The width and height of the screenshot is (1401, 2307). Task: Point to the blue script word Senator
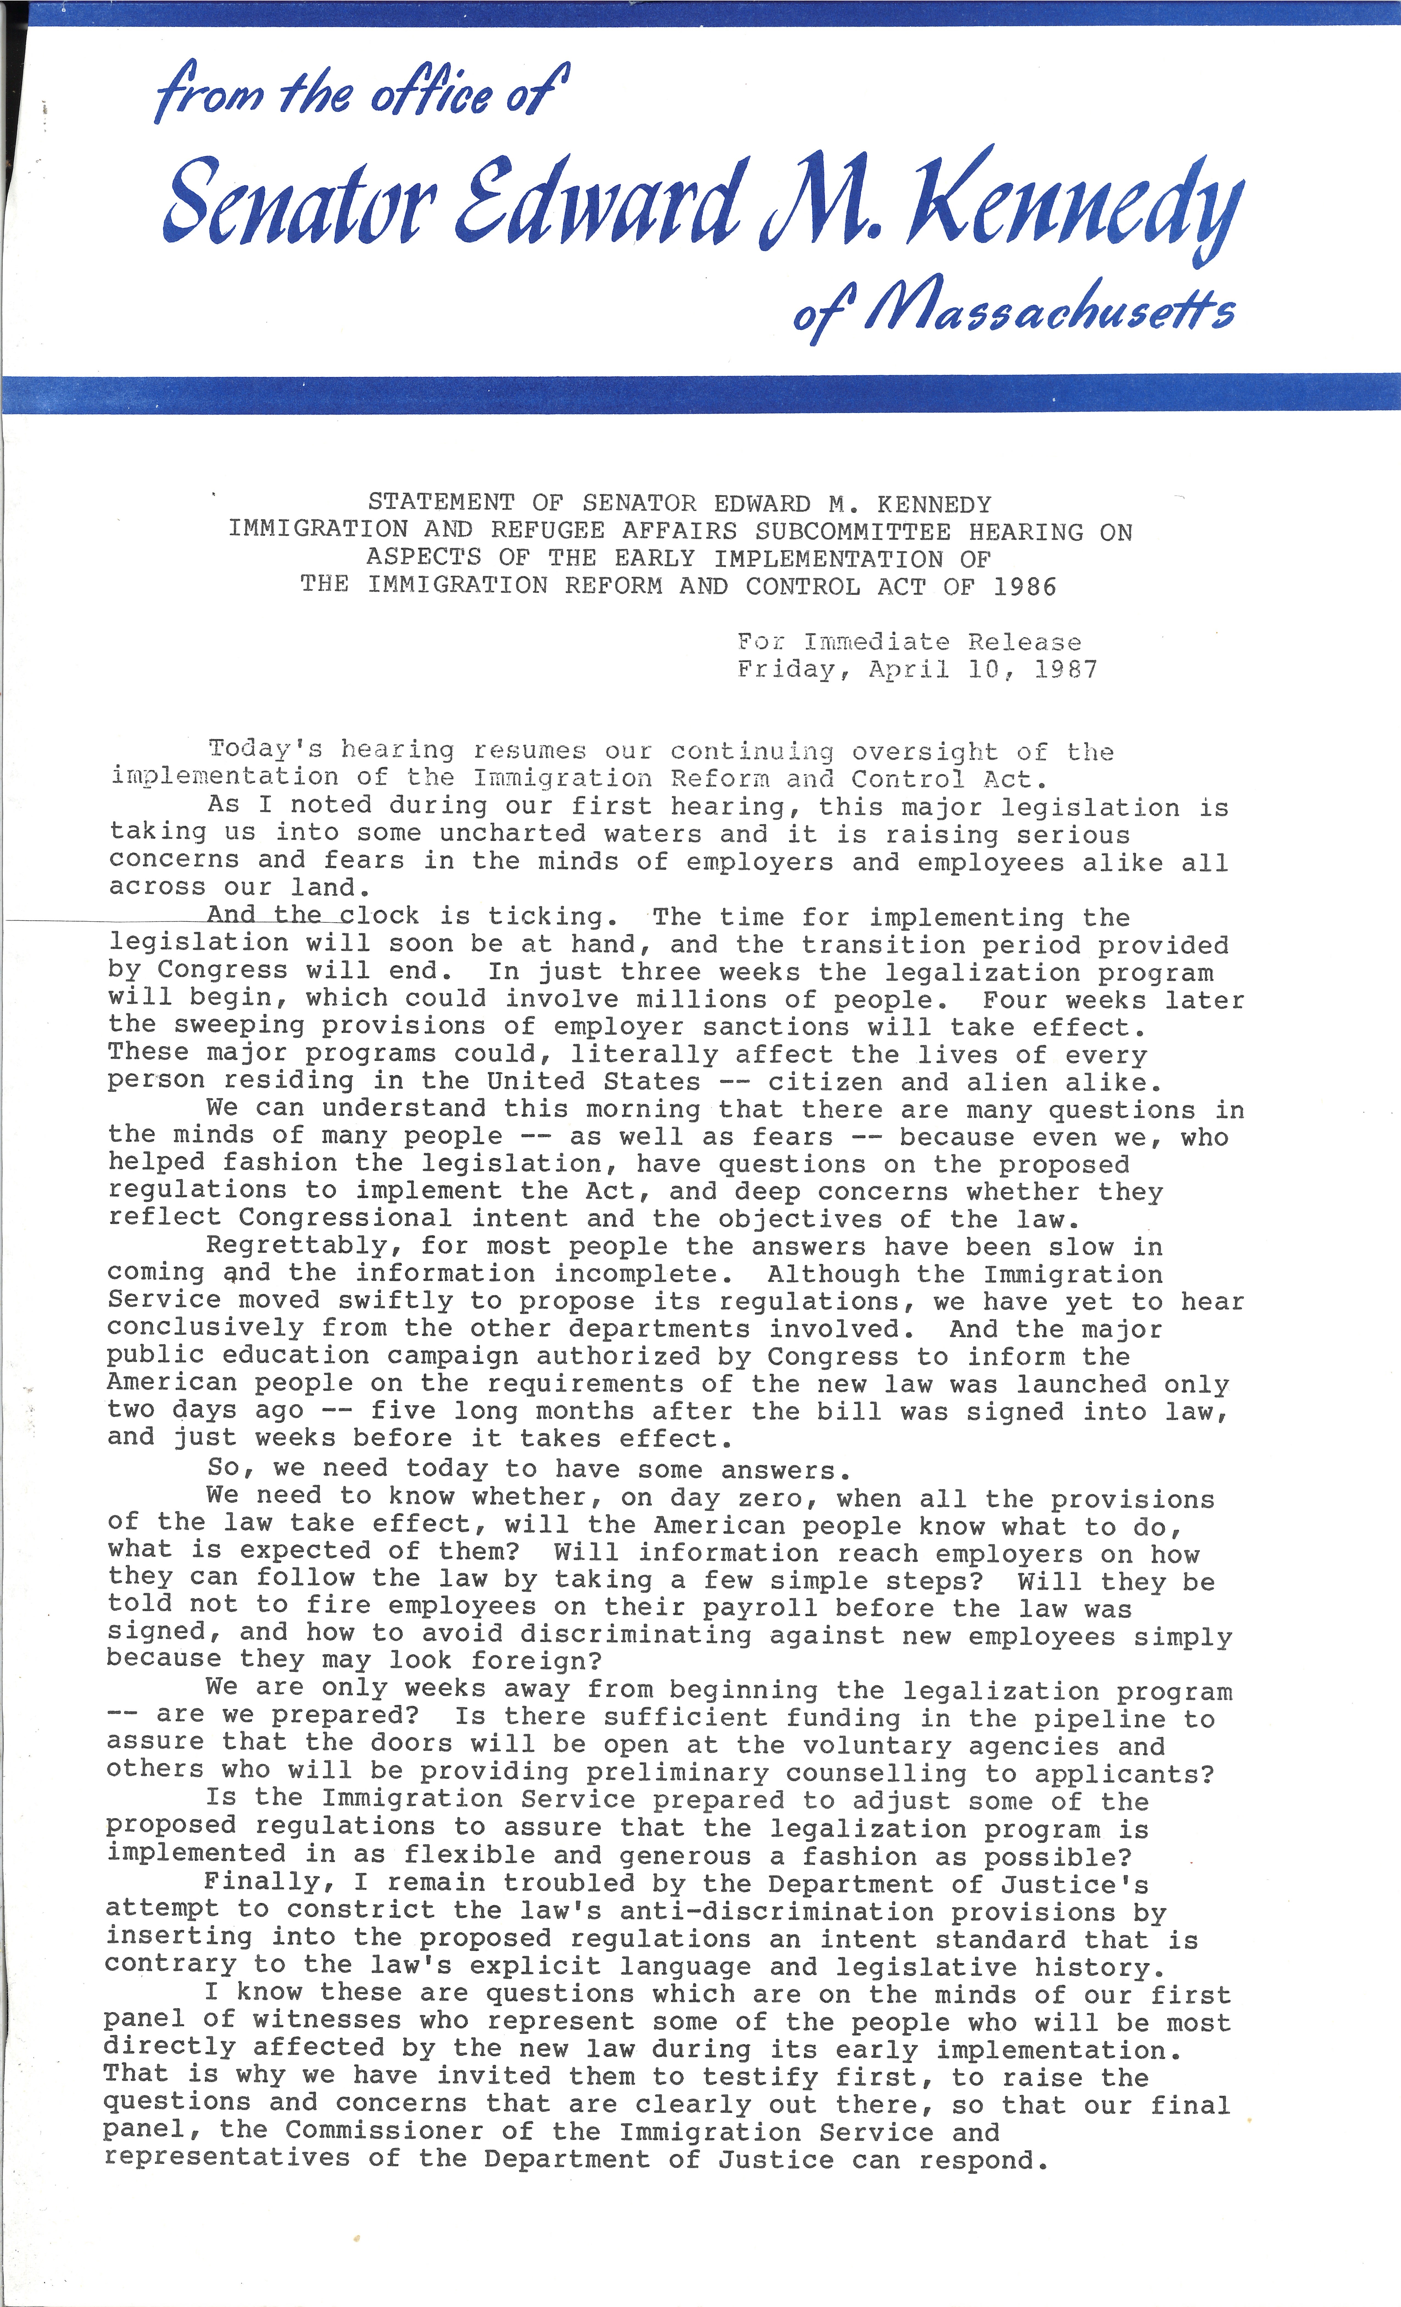tap(300, 201)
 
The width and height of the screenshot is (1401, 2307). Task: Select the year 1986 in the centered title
tap(1025, 587)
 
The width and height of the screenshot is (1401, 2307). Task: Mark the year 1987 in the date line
tap(1066, 670)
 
